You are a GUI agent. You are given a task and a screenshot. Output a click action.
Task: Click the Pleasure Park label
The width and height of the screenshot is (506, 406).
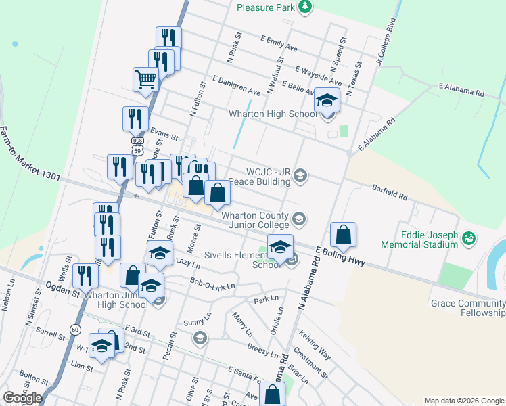(266, 7)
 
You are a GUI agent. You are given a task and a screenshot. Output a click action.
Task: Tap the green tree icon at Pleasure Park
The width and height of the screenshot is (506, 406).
(306, 7)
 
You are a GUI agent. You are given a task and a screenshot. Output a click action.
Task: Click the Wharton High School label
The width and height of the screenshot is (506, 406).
(263, 114)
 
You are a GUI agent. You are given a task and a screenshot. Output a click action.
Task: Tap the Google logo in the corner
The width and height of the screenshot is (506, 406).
(22, 397)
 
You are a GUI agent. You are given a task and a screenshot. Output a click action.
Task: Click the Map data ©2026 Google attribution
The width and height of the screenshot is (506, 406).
(464, 401)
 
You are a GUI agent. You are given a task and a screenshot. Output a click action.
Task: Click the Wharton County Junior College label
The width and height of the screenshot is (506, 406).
(256, 220)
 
